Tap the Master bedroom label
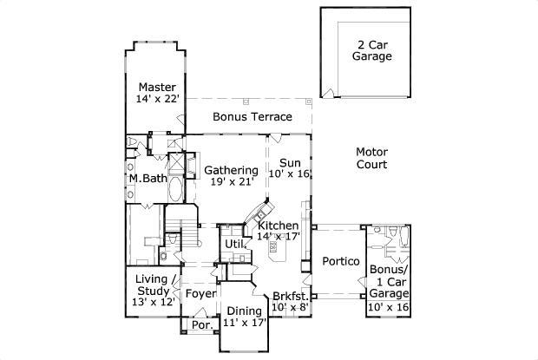[x=157, y=87]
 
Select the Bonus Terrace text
[x=252, y=116]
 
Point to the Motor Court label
[x=371, y=157]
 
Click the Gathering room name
[x=231, y=170]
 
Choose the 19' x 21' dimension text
[x=231, y=182]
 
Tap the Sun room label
[x=289, y=161]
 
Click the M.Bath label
[x=148, y=179]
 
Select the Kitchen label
[x=278, y=226]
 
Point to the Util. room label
[x=236, y=245]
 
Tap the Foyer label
[x=200, y=293]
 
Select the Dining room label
[x=243, y=311]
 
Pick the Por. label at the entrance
[x=201, y=326]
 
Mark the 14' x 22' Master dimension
[x=157, y=100]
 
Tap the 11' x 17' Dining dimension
[x=243, y=323]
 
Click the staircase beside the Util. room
[x=185, y=232]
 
